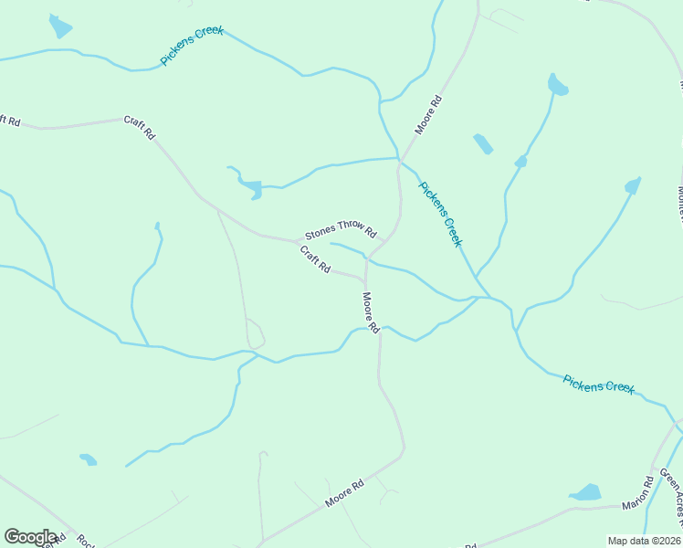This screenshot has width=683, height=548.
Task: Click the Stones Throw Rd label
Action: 341,230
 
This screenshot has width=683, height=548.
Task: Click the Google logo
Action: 29,537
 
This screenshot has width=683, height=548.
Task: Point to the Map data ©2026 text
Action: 644,541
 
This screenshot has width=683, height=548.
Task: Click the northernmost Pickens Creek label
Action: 192,46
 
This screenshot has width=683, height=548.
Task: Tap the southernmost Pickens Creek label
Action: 598,385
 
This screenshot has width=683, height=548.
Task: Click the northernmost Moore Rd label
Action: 428,115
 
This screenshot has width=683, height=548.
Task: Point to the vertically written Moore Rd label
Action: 370,312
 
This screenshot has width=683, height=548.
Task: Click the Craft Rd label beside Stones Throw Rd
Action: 315,261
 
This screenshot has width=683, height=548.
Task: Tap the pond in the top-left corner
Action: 60,26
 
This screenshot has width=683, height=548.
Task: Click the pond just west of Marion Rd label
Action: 585,493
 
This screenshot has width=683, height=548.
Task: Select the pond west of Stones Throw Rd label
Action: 249,186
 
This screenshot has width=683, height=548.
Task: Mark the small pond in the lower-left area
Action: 89,458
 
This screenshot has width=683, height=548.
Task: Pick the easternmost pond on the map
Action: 632,185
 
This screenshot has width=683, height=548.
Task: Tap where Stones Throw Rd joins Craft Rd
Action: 299,241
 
